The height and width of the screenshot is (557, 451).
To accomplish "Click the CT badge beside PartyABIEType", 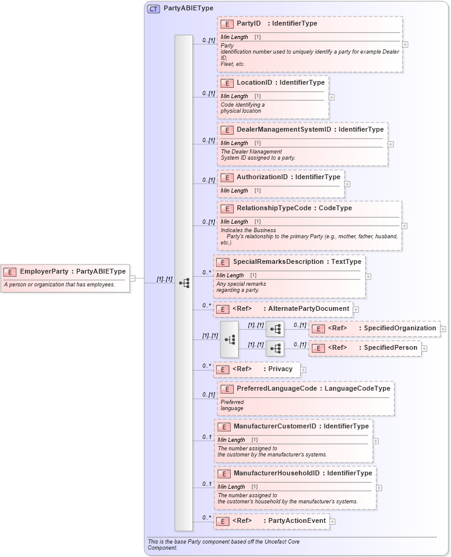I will (153, 9).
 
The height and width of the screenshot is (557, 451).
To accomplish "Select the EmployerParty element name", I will (44, 272).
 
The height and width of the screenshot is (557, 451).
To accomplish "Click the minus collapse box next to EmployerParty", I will (133, 278).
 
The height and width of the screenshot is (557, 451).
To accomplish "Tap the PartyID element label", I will (248, 24).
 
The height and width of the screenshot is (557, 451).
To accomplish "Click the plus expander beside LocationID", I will (332, 97).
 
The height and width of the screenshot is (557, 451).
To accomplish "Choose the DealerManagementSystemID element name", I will (284, 130).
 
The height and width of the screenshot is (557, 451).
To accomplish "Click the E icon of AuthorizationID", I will (226, 177).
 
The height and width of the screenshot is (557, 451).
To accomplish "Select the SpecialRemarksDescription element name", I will (278, 262).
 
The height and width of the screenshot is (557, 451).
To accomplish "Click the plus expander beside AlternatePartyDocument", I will (355, 310).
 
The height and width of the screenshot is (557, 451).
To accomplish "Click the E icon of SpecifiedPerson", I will (317, 348).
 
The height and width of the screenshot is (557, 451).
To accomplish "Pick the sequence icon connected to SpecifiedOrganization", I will (275, 329).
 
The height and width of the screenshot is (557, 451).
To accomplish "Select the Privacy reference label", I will (281, 369).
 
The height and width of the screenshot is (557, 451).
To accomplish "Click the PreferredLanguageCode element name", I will (276, 389).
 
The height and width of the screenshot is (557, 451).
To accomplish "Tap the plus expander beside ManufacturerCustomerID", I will (376, 441).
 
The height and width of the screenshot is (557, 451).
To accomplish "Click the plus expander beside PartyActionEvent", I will (332, 522).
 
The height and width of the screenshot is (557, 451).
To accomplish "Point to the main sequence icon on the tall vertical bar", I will (184, 283).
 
